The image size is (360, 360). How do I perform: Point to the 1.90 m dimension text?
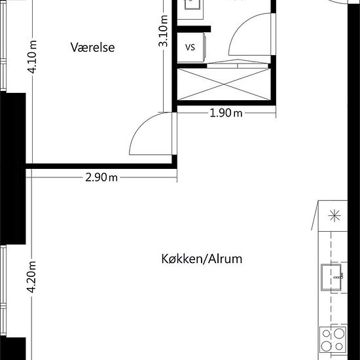[x=226, y=113]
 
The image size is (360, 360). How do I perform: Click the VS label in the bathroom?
[x=191, y=47]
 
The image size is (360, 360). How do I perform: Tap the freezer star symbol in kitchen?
[x=336, y=215]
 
